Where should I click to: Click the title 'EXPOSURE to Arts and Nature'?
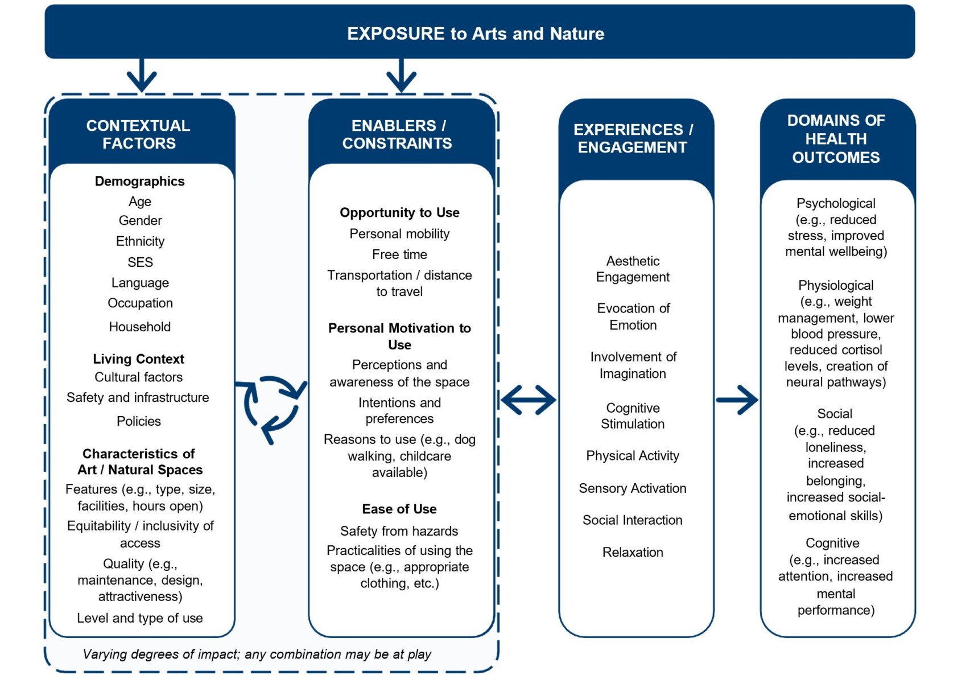pos(476,34)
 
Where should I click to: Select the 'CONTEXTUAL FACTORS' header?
pos(138,134)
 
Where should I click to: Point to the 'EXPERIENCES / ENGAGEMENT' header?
pos(633,138)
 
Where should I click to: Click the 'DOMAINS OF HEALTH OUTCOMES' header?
pos(836,139)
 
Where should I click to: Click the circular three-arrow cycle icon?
pos(271,408)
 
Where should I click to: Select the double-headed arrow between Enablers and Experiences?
pos(529,400)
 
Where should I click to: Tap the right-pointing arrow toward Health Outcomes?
pos(737,400)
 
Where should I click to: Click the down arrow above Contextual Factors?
pos(142,76)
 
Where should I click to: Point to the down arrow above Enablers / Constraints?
pos(402,76)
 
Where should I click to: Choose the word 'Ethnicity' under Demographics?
pos(140,241)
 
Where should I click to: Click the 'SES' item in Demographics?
pos(140,262)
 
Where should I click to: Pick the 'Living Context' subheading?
pos(138,359)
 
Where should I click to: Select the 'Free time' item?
pos(399,254)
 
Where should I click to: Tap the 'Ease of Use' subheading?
pos(399,509)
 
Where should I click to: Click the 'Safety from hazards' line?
pos(399,531)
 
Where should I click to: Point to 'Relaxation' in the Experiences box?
pos(633,552)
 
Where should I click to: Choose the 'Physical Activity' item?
pos(633,456)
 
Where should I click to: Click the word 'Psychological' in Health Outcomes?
pos(836,203)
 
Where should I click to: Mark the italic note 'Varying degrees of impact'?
pos(257,654)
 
